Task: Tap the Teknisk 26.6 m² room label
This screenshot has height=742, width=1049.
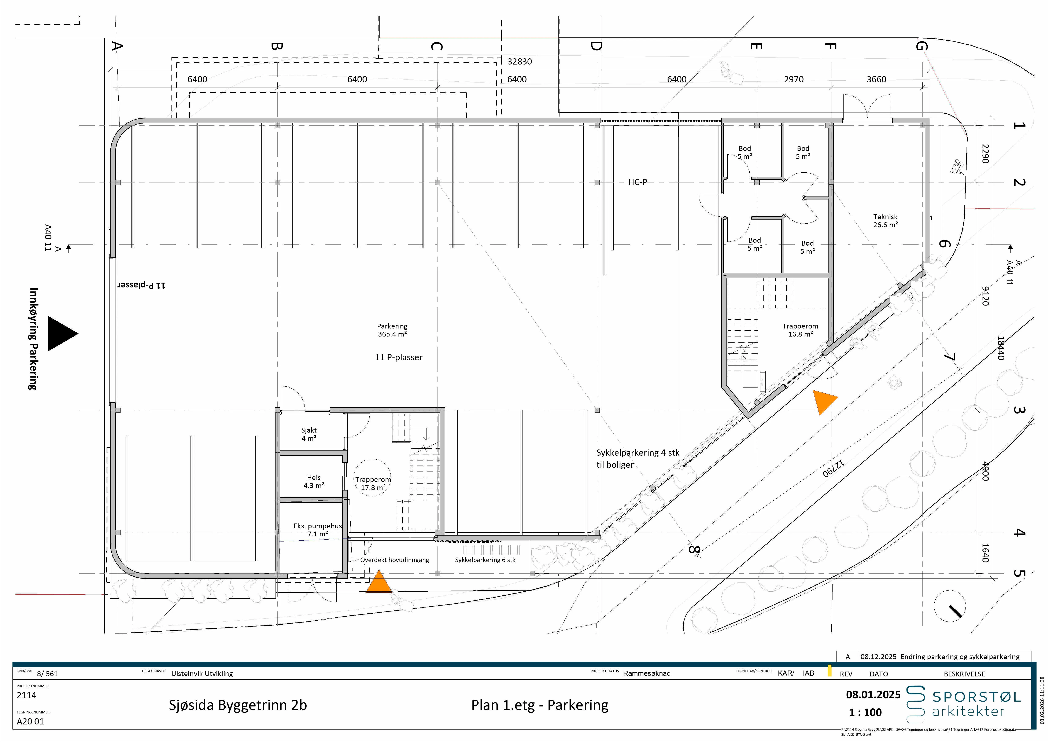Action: pyautogui.click(x=885, y=221)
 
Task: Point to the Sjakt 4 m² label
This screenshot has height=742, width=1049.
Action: pyautogui.click(x=309, y=434)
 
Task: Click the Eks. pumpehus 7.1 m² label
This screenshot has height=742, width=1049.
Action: pyautogui.click(x=318, y=530)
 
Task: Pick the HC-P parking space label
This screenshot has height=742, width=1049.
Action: pyautogui.click(x=637, y=182)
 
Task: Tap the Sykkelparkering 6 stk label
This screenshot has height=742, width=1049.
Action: pyautogui.click(x=485, y=560)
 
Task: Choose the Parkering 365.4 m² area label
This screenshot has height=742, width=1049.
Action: pyautogui.click(x=392, y=330)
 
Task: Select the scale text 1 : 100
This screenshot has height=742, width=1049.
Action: pyautogui.click(x=865, y=712)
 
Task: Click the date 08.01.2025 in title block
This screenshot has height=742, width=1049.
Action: pyautogui.click(x=873, y=694)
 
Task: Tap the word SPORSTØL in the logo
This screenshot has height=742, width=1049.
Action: pyautogui.click(x=976, y=697)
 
